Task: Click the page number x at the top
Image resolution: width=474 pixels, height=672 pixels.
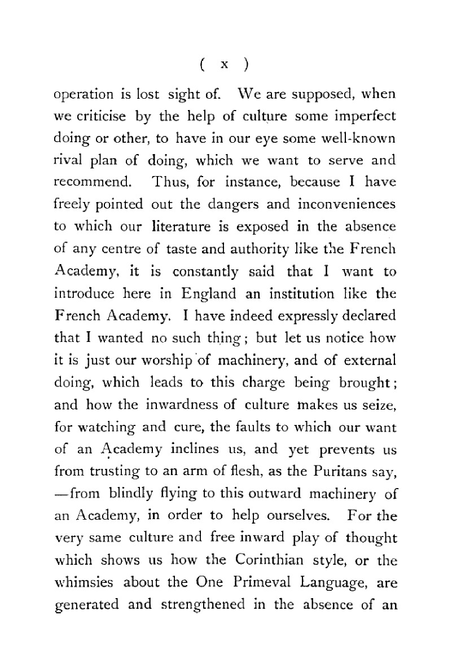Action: click(x=224, y=65)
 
